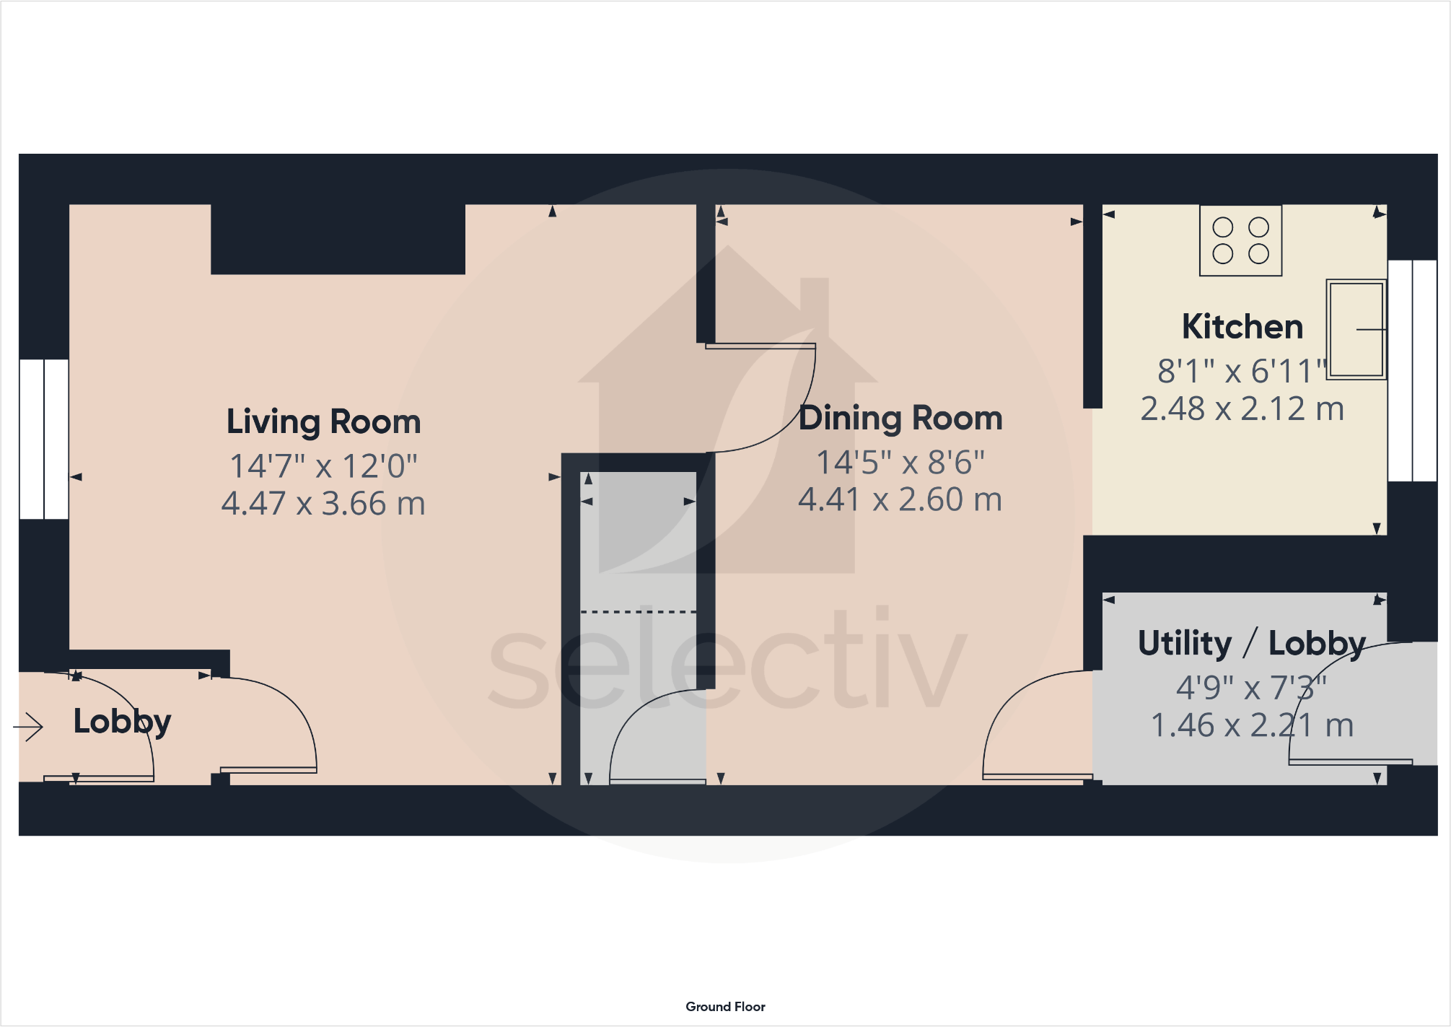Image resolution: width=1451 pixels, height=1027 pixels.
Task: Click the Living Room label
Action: click(323, 421)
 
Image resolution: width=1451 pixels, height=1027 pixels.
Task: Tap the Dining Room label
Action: click(900, 418)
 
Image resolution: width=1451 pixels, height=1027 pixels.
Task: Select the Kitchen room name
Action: click(1242, 327)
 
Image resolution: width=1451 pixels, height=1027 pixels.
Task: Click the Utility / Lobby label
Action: click(1252, 643)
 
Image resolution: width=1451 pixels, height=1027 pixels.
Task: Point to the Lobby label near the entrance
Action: click(122, 721)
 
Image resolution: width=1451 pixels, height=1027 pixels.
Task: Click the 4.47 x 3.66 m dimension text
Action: click(323, 504)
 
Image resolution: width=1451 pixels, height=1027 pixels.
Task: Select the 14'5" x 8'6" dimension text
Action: click(900, 463)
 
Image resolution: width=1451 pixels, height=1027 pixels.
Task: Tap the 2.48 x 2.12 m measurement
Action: click(1242, 409)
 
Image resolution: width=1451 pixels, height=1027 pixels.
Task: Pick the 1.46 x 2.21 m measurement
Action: click(1252, 725)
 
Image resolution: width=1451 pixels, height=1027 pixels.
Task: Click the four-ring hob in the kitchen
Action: click(1240, 240)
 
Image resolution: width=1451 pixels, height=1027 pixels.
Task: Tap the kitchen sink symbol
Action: click(1356, 329)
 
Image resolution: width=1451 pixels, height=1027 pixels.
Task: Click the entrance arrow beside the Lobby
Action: click(29, 726)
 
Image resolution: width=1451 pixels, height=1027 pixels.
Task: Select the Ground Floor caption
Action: click(725, 1007)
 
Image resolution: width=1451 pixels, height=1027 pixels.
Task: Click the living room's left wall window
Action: click(44, 439)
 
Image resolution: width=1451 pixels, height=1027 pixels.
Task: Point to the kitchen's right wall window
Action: click(1412, 371)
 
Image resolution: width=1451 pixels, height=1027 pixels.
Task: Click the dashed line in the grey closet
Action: click(639, 612)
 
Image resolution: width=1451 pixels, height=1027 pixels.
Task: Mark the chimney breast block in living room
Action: click(338, 239)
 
